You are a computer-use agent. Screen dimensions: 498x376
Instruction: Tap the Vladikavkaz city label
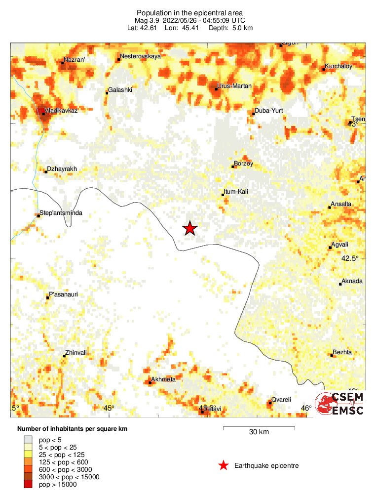coord(61,110)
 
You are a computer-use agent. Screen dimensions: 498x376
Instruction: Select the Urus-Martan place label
coord(235,86)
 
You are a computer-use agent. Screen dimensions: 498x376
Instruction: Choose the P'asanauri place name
coord(64,294)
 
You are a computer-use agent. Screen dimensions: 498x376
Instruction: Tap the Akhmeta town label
coord(163,379)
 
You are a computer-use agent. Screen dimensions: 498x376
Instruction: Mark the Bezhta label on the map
coord(342,352)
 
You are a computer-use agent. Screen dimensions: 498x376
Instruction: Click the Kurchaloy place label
coord(338,67)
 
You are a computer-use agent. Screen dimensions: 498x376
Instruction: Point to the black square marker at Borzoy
coord(233,167)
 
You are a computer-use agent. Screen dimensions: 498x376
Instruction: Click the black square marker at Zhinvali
coord(64,356)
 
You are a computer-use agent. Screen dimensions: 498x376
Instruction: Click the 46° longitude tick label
coord(306,408)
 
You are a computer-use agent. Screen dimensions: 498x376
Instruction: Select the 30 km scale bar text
coord(259,432)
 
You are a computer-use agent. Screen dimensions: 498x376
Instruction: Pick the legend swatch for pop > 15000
coord(29,485)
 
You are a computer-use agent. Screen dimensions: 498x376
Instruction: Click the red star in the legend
coord(224,465)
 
